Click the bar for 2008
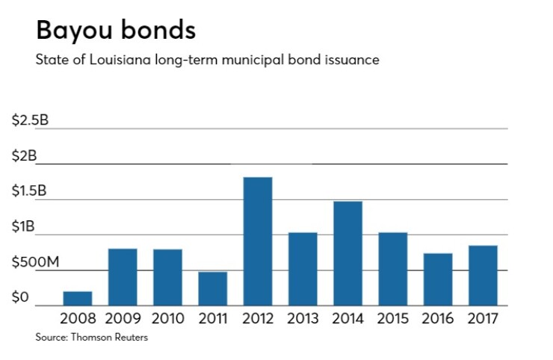tap(78, 298)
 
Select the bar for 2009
tap(123, 276)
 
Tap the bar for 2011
tap(212, 288)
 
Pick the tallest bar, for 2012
tap(257, 240)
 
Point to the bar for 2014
tap(347, 252)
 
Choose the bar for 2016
tap(437, 279)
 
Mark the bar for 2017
tap(482, 275)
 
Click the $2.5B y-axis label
tap(30, 121)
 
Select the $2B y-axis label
tap(24, 156)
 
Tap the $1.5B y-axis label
tap(30, 192)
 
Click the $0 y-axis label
tap(20, 298)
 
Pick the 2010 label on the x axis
tap(167, 319)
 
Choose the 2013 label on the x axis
tap(303, 319)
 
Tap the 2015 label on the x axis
tap(392, 319)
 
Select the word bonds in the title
tap(161, 30)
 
